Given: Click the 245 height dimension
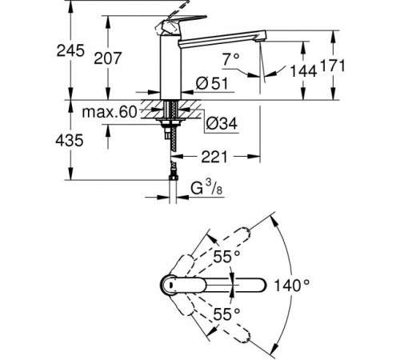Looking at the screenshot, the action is pos(70,50).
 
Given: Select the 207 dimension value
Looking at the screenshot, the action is pos(108,58).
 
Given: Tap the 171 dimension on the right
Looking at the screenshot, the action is pos(333,66).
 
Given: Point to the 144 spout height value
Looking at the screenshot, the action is pos(303,71).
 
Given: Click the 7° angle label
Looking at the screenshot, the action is pos(231,59).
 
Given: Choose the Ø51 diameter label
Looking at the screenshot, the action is pos(212,83).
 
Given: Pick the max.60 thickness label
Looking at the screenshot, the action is pos(110,112).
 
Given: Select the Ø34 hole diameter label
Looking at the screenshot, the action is pos(222,123).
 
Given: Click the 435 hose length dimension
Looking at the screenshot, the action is pos(70,140).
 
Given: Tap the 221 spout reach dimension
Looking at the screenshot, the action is pos(214,157).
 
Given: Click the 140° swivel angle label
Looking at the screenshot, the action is pos(292,286).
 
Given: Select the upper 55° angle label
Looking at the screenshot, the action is pos(226,257).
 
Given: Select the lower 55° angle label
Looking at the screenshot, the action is pos(226,314).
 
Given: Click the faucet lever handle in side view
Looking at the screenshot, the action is pos(182,23).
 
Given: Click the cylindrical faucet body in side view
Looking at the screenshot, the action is pos(170,67).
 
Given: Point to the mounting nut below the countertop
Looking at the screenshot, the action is pos(170,123).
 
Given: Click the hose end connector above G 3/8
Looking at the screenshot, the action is pos(173,178).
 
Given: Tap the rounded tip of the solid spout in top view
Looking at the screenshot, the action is pos(262,285).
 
